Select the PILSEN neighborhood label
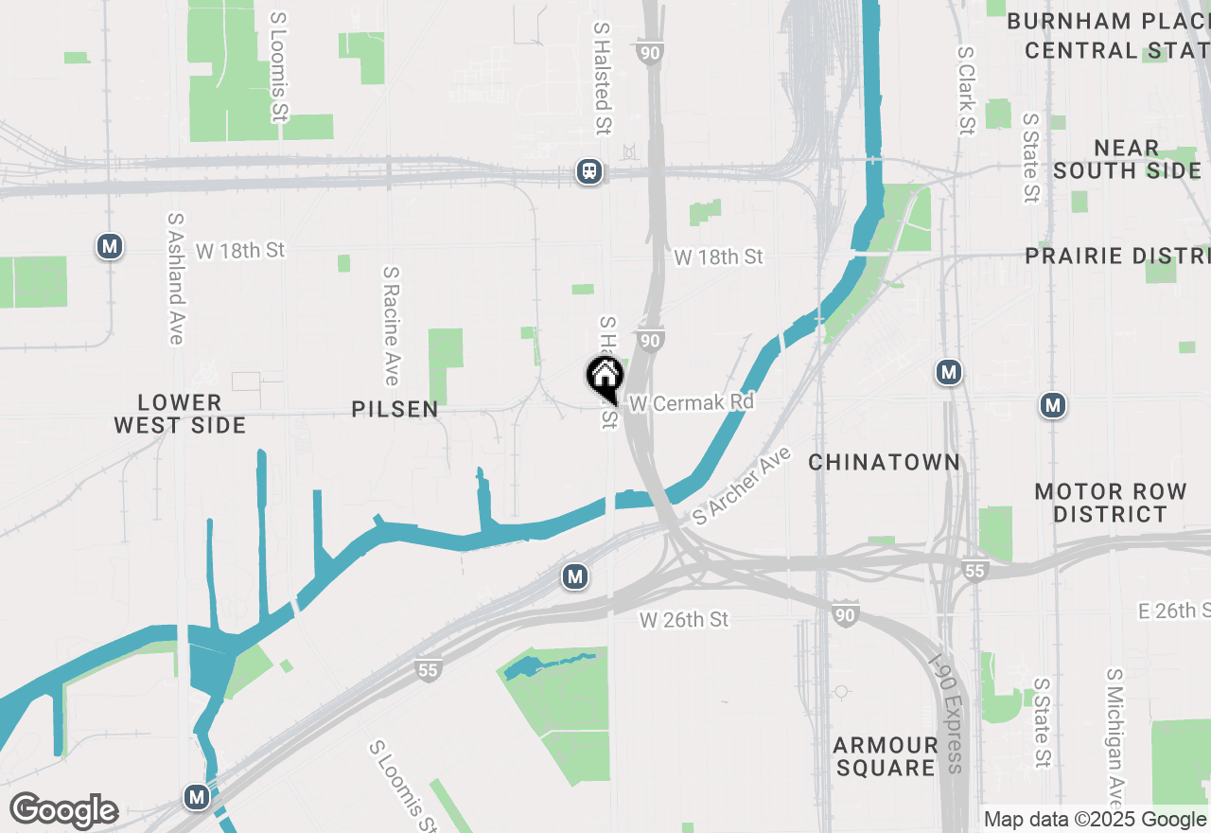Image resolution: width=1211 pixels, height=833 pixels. [x=395, y=409]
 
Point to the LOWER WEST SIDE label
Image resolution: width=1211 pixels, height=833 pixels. [x=180, y=414]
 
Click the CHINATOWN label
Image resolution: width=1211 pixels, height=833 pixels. [x=885, y=462]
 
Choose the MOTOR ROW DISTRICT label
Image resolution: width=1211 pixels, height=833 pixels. [x=1111, y=503]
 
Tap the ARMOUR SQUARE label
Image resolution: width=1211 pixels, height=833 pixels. [x=886, y=755]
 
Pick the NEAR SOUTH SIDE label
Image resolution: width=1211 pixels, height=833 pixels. [x=1127, y=159]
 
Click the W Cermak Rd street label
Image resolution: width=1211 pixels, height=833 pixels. [x=692, y=403]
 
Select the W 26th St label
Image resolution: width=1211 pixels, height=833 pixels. [x=684, y=620]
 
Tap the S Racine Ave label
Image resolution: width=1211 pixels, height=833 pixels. [x=391, y=325]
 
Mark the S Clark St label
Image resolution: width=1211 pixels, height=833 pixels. [x=965, y=91]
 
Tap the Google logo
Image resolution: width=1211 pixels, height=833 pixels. [x=63, y=810]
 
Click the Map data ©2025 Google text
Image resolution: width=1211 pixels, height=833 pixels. [x=1095, y=820]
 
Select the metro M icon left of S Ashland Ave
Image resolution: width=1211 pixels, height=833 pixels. [x=110, y=247]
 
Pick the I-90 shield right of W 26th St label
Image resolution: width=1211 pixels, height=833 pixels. [x=846, y=612]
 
